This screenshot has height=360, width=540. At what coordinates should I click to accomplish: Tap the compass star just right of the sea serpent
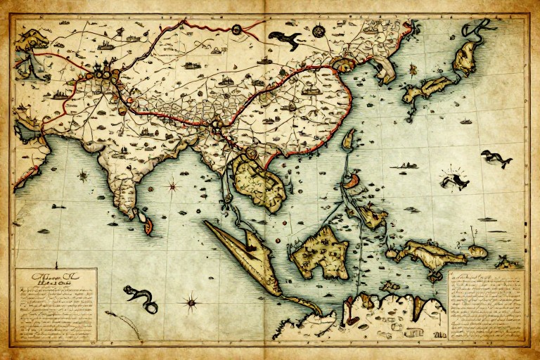click(190, 304)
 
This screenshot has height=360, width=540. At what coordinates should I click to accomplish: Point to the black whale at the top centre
click(284, 39)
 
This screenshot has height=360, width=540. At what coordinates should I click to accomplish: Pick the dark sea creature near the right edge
click(496, 158)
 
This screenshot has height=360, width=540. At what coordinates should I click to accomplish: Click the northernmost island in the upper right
click(467, 56)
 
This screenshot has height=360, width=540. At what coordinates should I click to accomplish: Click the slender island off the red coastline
click(347, 139)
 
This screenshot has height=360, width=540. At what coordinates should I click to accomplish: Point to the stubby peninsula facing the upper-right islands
click(384, 70)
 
